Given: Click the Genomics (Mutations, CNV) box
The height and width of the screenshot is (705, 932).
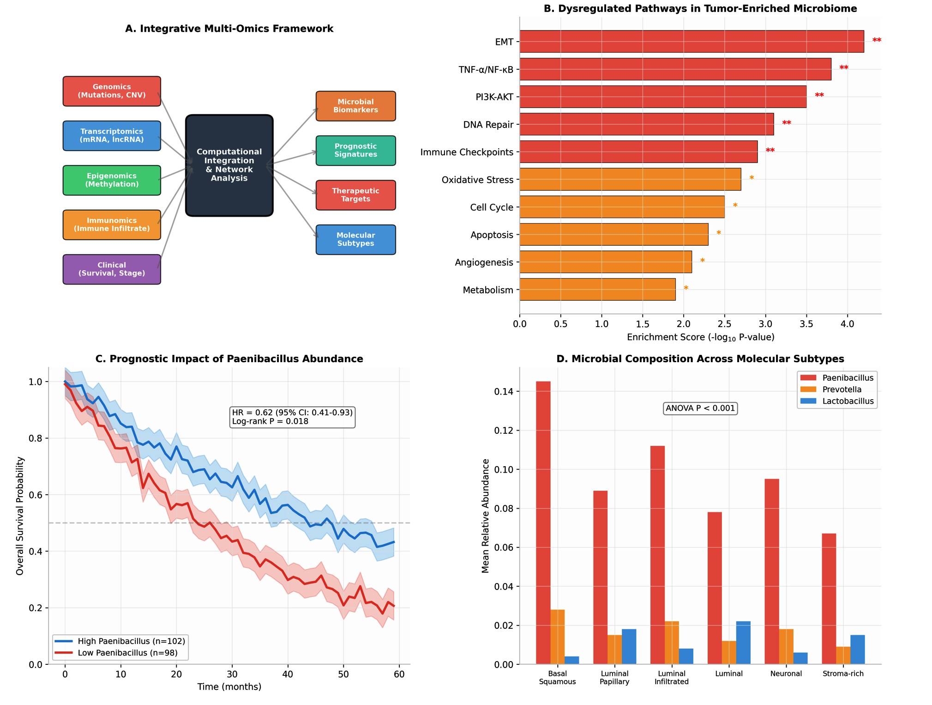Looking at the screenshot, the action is (112, 91).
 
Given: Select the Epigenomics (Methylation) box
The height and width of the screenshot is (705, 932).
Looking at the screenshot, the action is (112, 180).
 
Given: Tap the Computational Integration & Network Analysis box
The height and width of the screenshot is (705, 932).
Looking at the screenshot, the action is (229, 165).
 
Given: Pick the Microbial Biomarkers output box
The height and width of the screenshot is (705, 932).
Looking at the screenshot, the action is (355, 106).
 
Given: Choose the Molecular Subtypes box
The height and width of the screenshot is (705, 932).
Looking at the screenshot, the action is (355, 239).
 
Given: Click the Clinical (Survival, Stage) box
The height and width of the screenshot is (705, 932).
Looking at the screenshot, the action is (112, 269).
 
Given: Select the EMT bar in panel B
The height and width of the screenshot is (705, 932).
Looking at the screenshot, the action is (691, 42).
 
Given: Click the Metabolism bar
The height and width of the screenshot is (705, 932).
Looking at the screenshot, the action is (597, 290).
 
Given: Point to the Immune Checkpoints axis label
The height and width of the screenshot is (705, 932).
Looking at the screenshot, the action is (467, 152).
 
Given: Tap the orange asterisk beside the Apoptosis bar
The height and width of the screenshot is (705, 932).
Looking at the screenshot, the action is (719, 233).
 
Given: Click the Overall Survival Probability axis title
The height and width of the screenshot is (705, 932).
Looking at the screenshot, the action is (20, 516).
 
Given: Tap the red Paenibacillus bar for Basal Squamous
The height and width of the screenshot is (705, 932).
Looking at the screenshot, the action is (543, 523).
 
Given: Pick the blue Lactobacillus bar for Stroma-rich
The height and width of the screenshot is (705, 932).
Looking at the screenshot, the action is (858, 650).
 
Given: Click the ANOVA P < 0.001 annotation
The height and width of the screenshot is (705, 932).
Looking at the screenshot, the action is (700, 408).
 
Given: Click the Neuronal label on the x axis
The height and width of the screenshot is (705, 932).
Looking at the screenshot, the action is (786, 674).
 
